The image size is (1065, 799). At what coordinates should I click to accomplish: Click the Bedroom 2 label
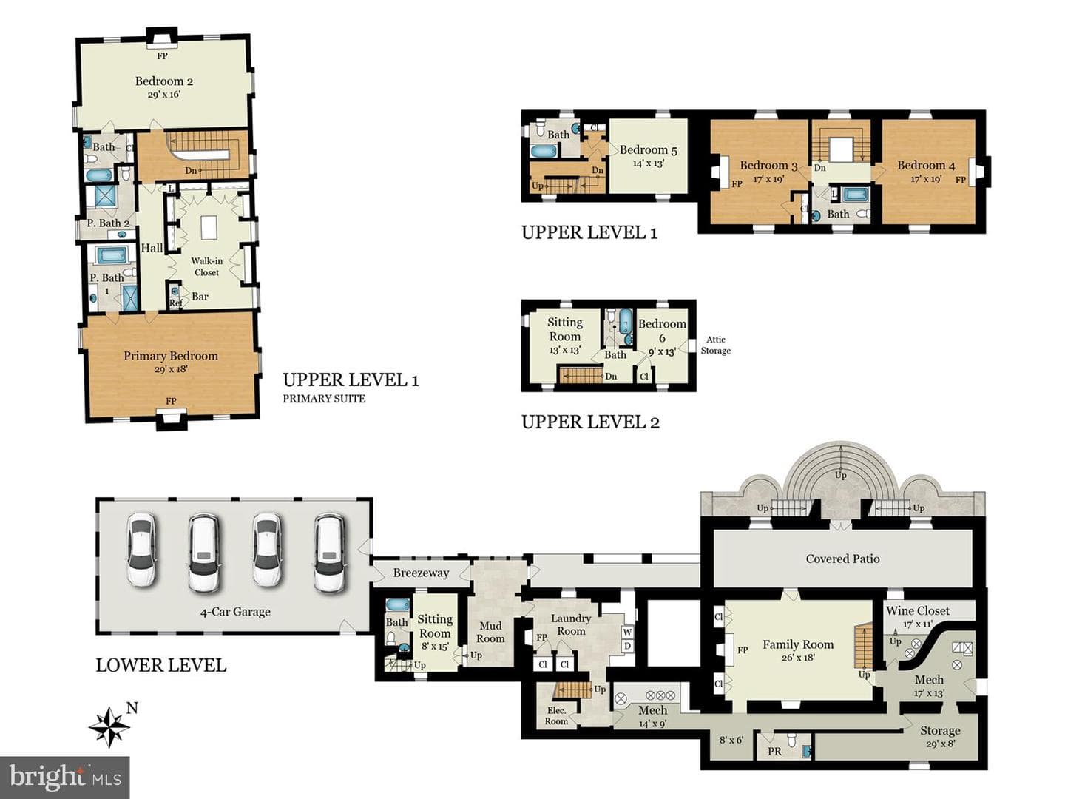pos(164,81)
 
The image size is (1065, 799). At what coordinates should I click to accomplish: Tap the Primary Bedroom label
pos(171,356)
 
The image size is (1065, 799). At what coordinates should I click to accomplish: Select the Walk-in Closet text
pos(206,267)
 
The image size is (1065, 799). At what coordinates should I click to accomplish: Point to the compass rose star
pos(109,726)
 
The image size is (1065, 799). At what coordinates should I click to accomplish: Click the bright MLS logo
pos(64,777)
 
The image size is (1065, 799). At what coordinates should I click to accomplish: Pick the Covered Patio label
pos(843,559)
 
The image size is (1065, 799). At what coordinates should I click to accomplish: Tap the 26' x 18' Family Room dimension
pos(798,658)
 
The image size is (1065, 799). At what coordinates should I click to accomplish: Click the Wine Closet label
pos(918,611)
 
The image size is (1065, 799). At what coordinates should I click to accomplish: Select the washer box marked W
pos(627,632)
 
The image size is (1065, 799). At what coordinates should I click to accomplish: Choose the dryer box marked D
pos(627,646)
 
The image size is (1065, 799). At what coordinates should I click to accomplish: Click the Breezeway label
pos(421,573)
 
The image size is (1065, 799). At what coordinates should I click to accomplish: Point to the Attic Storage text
pos(716,345)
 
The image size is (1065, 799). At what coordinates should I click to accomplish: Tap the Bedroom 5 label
pos(648,150)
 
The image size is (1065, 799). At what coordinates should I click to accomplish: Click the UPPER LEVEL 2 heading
pos(590,422)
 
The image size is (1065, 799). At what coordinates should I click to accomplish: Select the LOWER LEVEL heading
pos(161,665)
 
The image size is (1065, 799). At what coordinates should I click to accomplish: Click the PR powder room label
pos(775,752)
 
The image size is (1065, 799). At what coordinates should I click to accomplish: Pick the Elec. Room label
pos(556,716)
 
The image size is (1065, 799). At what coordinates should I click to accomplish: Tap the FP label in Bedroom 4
pos(960,181)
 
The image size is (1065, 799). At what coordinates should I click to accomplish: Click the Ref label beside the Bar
pos(175,303)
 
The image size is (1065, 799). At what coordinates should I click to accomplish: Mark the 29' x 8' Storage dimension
pos(940,744)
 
